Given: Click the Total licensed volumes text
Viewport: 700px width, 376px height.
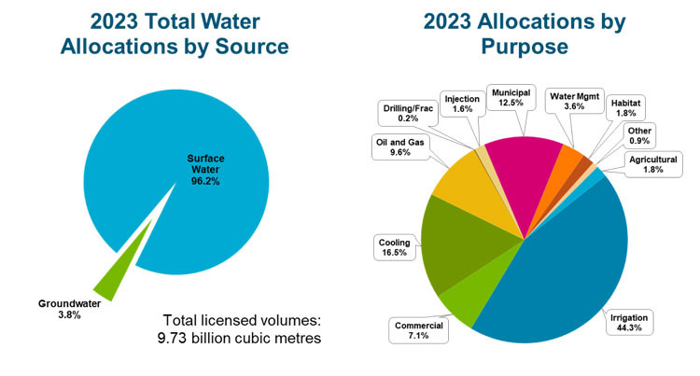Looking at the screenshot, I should [x=242, y=327].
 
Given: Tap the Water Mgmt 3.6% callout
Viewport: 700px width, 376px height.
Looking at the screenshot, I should [x=573, y=101].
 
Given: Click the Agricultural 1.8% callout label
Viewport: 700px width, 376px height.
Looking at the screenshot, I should [x=651, y=166].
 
